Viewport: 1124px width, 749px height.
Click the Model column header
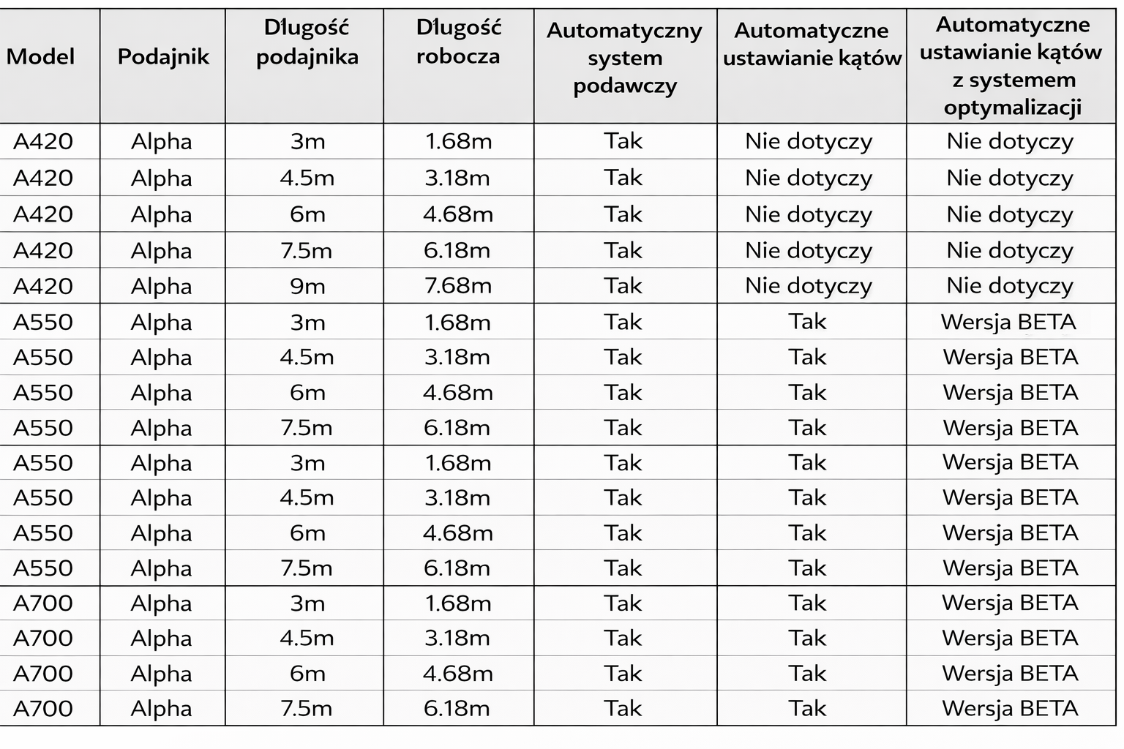(x=41, y=56)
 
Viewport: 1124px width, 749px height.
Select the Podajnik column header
(x=163, y=56)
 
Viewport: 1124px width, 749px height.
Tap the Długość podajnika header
(x=307, y=42)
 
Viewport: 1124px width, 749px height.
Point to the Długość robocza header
(x=458, y=42)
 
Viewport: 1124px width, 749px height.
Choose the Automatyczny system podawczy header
(x=624, y=58)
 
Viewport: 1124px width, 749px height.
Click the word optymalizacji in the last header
(x=1012, y=108)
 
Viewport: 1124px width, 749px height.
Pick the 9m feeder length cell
(x=307, y=286)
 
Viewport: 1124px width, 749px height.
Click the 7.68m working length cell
(x=458, y=286)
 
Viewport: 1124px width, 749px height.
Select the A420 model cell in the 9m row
(x=43, y=286)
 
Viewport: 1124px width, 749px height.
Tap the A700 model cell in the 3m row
(x=43, y=603)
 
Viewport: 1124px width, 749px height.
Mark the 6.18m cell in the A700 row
(x=457, y=709)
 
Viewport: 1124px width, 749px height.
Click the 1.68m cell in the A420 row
(x=458, y=141)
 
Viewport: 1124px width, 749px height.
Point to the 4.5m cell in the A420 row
(x=307, y=178)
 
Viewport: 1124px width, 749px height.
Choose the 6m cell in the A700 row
(x=307, y=674)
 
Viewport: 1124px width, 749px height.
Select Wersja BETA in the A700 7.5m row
(x=1010, y=709)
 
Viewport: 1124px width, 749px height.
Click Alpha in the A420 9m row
(x=161, y=286)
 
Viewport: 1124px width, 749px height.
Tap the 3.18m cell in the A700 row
(x=457, y=639)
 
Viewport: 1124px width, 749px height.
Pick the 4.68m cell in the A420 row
(x=458, y=214)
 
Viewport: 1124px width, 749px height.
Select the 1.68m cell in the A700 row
(x=458, y=603)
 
